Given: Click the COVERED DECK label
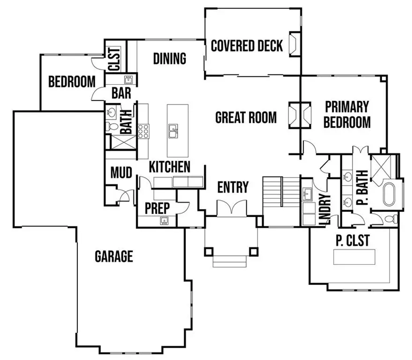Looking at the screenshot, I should point(247,46).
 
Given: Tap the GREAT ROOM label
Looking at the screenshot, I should point(245,117).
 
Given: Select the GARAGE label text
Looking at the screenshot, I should point(114,256).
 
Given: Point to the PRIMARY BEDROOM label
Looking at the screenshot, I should point(347,114).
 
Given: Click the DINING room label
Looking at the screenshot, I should point(169,59).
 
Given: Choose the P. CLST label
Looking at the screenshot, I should point(353,240).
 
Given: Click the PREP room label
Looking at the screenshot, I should point(157,207).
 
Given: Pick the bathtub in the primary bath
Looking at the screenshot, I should point(390,195).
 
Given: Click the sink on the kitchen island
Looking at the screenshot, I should point(173,131).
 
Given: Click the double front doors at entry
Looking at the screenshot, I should point(232,207).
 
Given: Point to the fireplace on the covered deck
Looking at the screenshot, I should point(294,45).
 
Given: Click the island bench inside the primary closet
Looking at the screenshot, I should point(354,257).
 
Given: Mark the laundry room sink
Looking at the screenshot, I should point(307,194).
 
